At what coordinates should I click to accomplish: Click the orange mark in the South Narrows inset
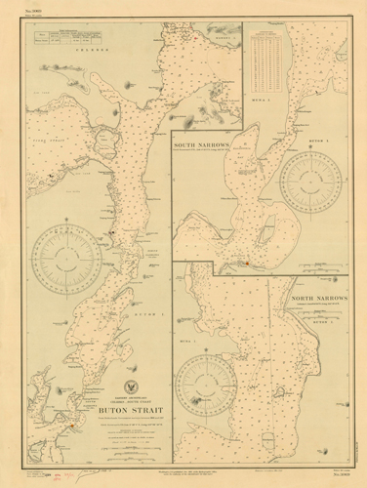(247, 262)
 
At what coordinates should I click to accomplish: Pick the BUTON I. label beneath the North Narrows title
(336, 319)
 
